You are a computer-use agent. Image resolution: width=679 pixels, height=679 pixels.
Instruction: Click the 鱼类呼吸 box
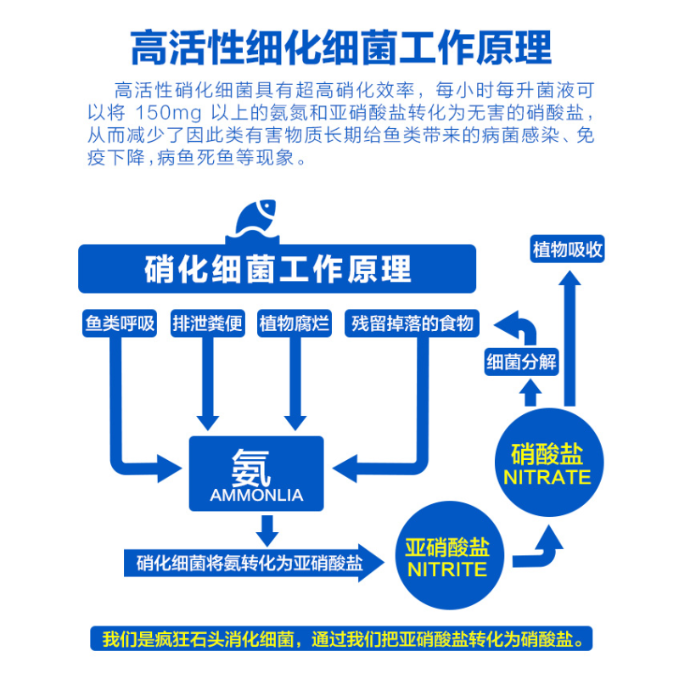(121, 323)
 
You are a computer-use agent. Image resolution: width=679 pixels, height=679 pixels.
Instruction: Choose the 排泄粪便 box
(208, 323)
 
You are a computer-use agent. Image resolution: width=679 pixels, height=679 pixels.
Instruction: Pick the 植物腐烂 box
(295, 323)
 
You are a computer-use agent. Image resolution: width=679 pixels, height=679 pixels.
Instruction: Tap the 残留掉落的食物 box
(413, 323)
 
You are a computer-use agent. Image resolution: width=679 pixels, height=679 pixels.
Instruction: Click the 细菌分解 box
(520, 363)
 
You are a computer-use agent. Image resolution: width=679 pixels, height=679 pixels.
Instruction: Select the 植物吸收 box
(567, 250)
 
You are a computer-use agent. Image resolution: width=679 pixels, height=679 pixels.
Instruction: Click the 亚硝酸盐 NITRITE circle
(447, 556)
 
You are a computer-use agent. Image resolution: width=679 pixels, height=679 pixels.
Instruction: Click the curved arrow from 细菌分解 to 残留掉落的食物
(516, 327)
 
